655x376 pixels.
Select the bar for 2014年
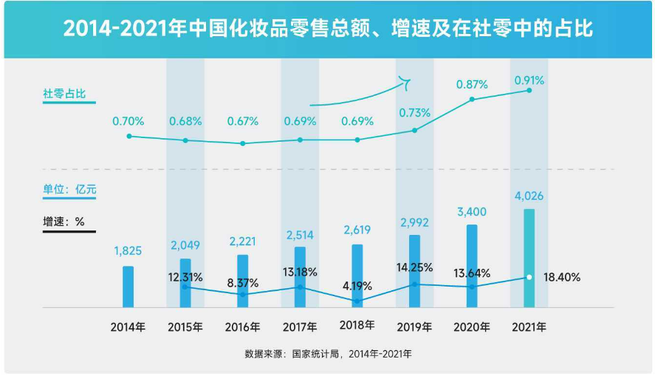pyautogui.click(x=128, y=287)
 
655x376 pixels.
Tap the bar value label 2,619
pyautogui.click(x=357, y=230)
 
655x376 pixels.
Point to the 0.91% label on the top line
pyautogui.click(x=529, y=80)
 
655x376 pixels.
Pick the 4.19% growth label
pyautogui.click(x=357, y=285)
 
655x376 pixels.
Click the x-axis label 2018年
pyautogui.click(x=357, y=325)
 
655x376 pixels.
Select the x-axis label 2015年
pyautogui.click(x=185, y=326)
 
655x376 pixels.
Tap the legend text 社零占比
pyautogui.click(x=64, y=94)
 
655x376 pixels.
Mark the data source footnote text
pyautogui.click(x=328, y=354)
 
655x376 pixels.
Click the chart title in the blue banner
pyautogui.click(x=327, y=29)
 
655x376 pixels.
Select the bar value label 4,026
pyautogui.click(x=529, y=196)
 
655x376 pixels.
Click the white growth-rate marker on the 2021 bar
pyautogui.click(x=529, y=278)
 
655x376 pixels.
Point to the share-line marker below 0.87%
pyautogui.click(x=472, y=99)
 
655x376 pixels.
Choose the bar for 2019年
pyautogui.click(x=414, y=270)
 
